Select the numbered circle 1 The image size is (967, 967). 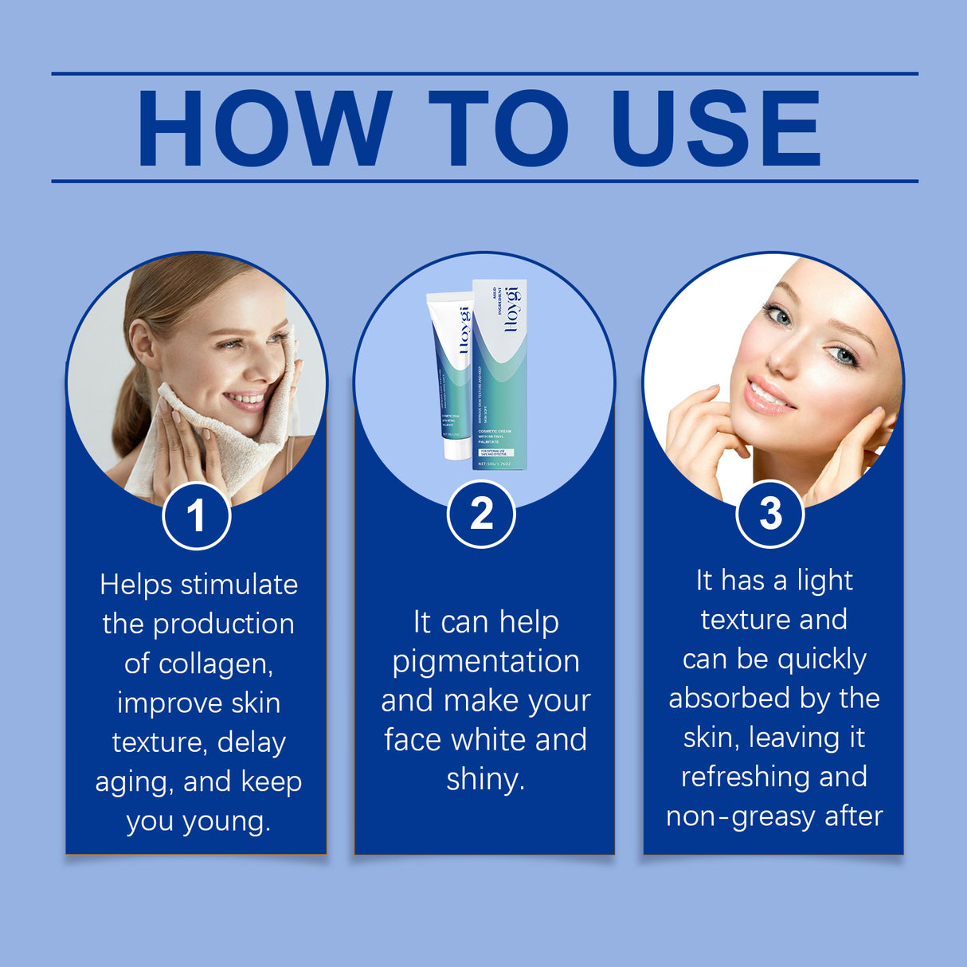pyautogui.click(x=196, y=515)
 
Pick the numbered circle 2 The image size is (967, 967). pyautogui.click(x=481, y=514)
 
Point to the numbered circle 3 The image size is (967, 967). pyautogui.click(x=769, y=514)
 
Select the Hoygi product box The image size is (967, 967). pyautogui.click(x=499, y=374)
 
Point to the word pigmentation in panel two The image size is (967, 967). pyautogui.click(x=486, y=661)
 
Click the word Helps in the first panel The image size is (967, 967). pyautogui.click(x=135, y=585)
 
